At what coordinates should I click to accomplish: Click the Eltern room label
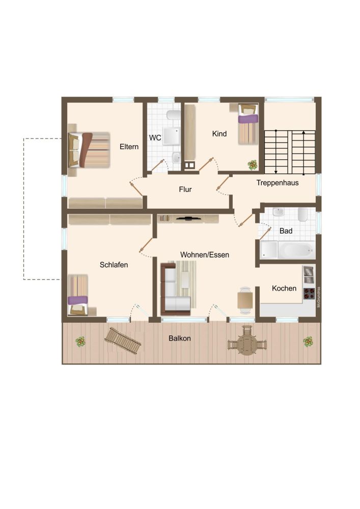point(129,147)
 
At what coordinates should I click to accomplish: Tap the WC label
point(155,137)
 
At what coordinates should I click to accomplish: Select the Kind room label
point(219,134)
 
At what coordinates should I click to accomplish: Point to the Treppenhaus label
point(278,183)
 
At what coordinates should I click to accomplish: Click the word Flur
point(185,189)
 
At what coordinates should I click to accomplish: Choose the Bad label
point(286,231)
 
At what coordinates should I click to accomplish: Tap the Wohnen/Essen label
point(204,254)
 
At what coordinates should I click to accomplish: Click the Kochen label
point(284,288)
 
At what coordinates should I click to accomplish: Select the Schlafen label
point(114,265)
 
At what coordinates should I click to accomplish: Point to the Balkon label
point(180,338)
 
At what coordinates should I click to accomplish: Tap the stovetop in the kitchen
point(309,293)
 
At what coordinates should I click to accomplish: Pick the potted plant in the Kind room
point(252,164)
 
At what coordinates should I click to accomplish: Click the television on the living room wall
point(188,219)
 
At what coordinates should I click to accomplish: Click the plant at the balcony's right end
point(308,342)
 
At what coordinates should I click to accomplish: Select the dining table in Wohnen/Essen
point(245,300)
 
